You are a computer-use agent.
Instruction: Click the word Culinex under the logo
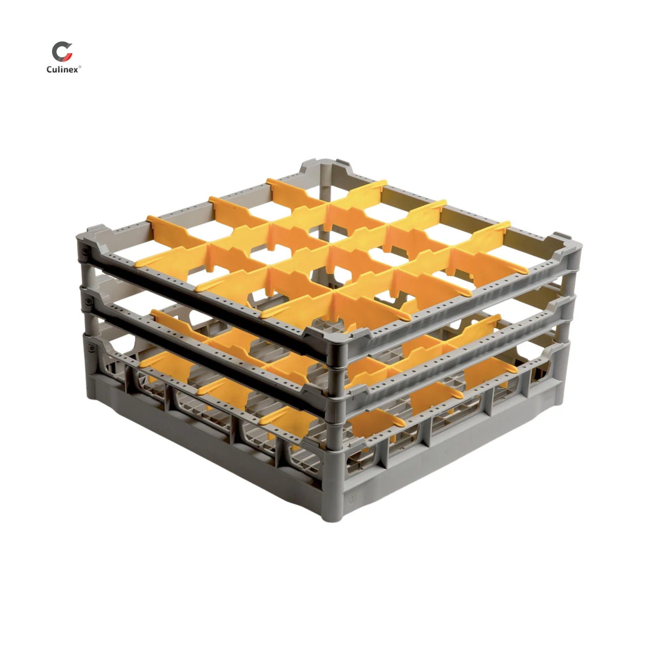[x=62, y=69]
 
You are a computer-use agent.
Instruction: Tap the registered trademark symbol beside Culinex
[x=80, y=67]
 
